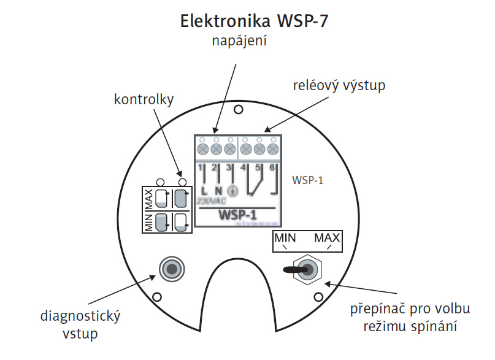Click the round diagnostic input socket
tap(171, 269)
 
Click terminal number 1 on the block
tap(201, 167)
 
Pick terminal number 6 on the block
tap(272, 167)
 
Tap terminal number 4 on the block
tap(244, 167)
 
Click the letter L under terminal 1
tap(203, 191)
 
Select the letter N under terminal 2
tap(218, 191)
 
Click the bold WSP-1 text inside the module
tap(237, 216)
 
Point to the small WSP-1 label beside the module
tap(309, 180)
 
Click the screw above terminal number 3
tap(230, 148)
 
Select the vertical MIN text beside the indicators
tap(149, 221)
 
